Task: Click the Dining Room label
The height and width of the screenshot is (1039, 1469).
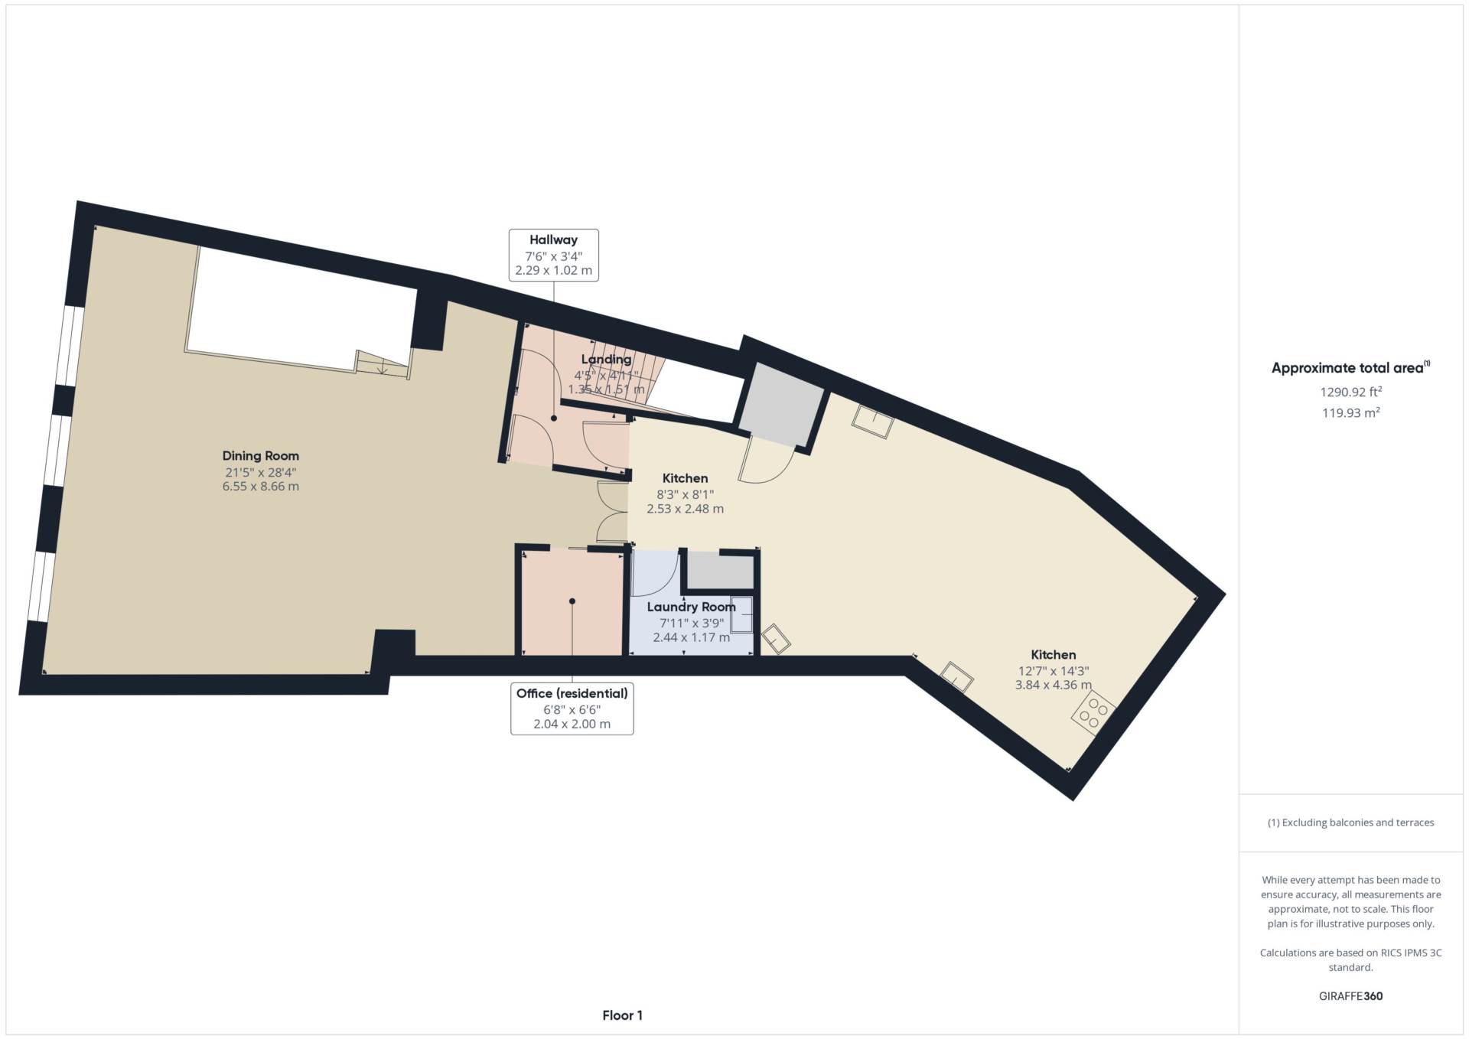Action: [x=260, y=456]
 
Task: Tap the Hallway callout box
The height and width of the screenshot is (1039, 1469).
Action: [x=553, y=255]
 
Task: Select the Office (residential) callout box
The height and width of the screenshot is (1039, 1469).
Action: [x=572, y=708]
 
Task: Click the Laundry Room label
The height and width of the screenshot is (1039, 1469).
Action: [x=691, y=607]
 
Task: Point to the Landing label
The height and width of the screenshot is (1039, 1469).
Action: [x=606, y=360]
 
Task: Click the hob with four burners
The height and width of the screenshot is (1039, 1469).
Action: [x=1093, y=713]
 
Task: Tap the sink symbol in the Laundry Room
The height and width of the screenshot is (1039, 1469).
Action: [x=741, y=614]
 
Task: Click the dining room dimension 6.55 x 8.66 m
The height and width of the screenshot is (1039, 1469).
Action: [x=260, y=487]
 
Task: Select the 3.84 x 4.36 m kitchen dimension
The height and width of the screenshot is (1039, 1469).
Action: [x=1053, y=686]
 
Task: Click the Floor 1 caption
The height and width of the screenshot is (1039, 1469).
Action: [x=622, y=1016]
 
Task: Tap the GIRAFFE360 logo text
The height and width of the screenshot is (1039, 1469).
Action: [x=1350, y=996]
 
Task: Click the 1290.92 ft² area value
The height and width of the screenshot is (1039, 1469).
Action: [x=1350, y=392]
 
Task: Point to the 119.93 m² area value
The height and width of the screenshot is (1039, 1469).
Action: [x=1350, y=413]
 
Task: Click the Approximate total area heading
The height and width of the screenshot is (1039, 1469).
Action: [x=1350, y=368]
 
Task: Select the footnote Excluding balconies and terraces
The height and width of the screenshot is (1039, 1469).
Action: [x=1350, y=823]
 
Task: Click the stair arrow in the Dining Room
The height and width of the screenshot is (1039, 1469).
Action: [x=382, y=370]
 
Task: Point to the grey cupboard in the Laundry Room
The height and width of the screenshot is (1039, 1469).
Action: [x=718, y=572]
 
